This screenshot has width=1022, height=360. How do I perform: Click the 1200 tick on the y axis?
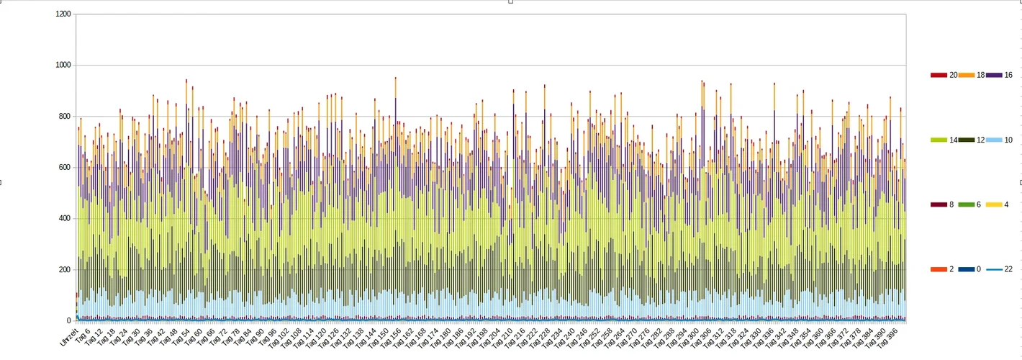pos(63,14)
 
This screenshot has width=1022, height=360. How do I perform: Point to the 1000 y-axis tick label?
pos(63,66)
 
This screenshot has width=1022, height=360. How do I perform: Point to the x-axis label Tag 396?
pos(892,338)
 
